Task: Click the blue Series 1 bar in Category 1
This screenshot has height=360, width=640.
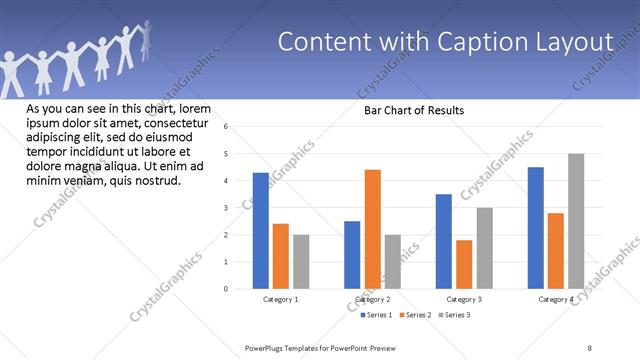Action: (x=260, y=231)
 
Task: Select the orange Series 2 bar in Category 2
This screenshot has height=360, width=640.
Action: (x=372, y=229)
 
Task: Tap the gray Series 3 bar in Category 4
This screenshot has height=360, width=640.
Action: (x=576, y=221)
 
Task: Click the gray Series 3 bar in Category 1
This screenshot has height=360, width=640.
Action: (x=301, y=262)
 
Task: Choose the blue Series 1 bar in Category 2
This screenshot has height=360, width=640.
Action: (x=352, y=255)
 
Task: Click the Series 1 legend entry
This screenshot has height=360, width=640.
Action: (x=378, y=315)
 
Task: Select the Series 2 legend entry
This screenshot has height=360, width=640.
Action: (x=416, y=315)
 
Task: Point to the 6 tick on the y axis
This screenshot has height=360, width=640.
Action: (x=227, y=127)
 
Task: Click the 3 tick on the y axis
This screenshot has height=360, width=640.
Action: (x=227, y=208)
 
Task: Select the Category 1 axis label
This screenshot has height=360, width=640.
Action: (x=281, y=299)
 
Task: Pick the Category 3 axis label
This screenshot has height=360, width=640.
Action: (x=464, y=299)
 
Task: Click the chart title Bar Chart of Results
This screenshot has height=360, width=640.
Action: (x=413, y=110)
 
